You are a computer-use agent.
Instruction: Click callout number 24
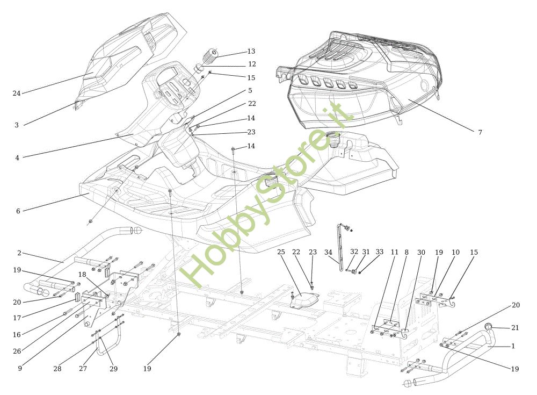click(17, 94)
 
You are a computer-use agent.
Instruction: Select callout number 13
click(251, 52)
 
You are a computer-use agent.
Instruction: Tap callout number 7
click(480, 132)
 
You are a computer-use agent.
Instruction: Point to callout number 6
click(18, 211)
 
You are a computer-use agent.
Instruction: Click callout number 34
click(328, 253)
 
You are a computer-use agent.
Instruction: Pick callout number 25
click(281, 252)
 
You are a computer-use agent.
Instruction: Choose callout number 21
click(515, 328)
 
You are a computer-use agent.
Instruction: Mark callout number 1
click(513, 346)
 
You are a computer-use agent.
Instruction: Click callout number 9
click(20, 368)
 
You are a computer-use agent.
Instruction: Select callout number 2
click(19, 253)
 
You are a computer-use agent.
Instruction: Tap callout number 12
click(252, 64)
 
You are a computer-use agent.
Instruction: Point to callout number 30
click(421, 253)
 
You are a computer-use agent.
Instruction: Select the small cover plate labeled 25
click(304, 301)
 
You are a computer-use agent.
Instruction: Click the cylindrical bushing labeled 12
click(200, 67)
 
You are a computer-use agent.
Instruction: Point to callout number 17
click(17, 318)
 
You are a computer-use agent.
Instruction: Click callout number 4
click(17, 158)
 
